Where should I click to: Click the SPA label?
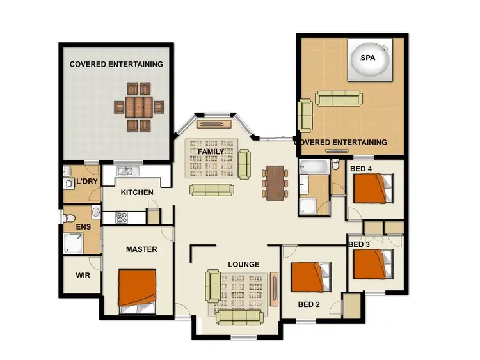pos(367,58)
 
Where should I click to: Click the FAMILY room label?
pos(211,151)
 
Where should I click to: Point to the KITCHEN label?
pos(137,192)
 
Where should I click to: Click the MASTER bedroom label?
pos(141,249)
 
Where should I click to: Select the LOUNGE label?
pos(244,264)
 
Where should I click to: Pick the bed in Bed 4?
pos(370,189)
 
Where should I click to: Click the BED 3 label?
pos(358,245)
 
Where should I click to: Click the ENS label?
pos(83,227)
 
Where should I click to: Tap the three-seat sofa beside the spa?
pos(337,98)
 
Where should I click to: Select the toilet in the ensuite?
pos(70,219)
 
